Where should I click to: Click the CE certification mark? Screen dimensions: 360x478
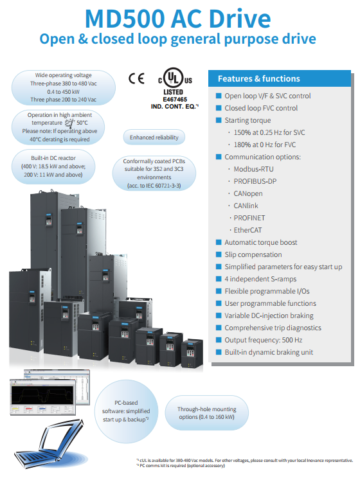coord(136,78)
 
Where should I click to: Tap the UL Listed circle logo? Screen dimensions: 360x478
coord(174,78)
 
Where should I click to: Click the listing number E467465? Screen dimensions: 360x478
coord(175,100)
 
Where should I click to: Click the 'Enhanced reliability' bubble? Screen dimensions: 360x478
coord(154,137)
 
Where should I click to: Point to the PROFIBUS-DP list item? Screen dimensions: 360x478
coord(255,181)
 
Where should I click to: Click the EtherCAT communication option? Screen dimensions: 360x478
coord(248,230)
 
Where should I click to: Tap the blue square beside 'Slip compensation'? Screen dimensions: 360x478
coord(219,254)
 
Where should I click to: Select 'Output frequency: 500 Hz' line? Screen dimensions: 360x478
coord(264,340)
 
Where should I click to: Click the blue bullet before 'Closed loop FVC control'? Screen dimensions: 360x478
coord(219,108)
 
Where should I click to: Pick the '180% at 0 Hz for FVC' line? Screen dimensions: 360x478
coord(264,145)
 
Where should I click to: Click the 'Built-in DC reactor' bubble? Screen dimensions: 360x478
coord(53,166)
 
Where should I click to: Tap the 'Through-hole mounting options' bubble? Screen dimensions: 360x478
coord(207,412)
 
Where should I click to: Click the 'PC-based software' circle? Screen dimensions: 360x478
coord(126,411)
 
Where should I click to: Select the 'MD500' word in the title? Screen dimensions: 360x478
coord(125,19)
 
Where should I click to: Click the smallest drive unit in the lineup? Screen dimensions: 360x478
coord(192,353)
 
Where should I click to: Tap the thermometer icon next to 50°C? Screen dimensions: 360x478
coord(70,123)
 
